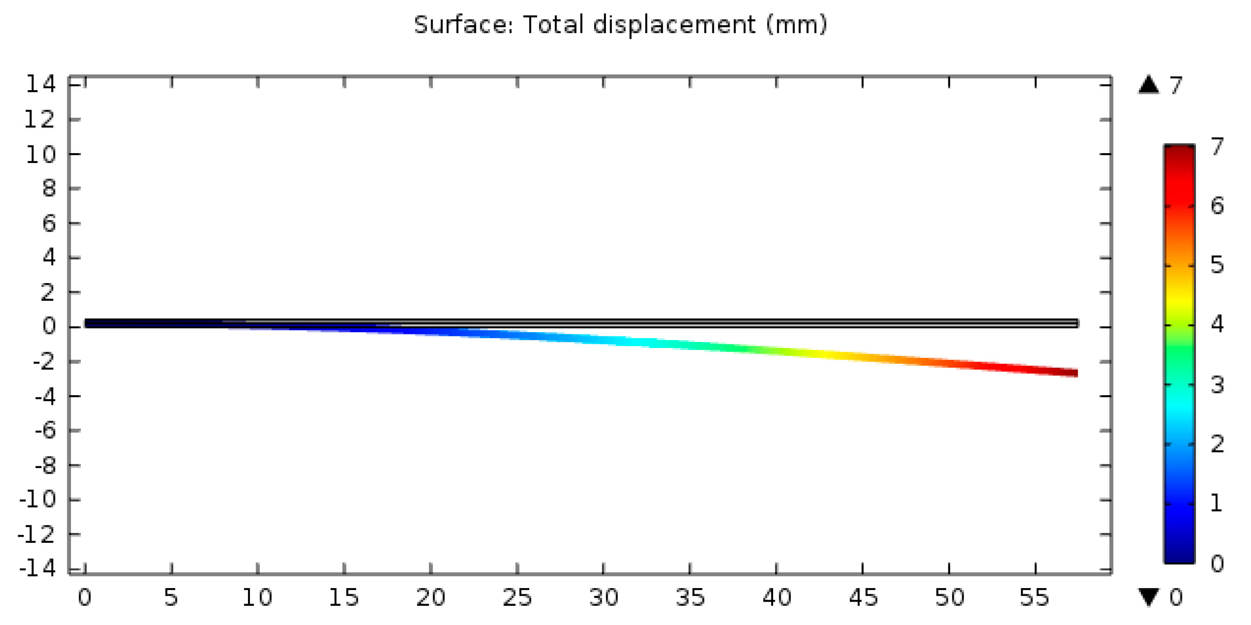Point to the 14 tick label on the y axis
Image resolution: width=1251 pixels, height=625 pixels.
tap(40, 85)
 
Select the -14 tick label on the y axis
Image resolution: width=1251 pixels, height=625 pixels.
tap(37, 568)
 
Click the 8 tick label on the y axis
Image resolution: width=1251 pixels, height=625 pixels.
tap(49, 188)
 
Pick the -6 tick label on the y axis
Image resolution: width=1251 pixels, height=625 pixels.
tap(45, 430)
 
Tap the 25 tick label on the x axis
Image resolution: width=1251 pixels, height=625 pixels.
tap(517, 597)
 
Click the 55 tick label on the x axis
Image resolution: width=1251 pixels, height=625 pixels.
tap(1035, 597)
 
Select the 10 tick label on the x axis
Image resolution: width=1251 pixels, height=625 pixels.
tap(257, 597)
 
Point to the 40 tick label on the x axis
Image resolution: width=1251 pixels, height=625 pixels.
tap(776, 597)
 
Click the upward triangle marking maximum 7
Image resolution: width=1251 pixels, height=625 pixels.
tap(1149, 85)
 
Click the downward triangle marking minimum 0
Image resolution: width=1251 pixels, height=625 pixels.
tap(1149, 597)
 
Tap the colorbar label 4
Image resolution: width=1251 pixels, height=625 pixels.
tap(1217, 324)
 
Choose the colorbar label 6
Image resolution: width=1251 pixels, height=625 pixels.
tap(1217, 206)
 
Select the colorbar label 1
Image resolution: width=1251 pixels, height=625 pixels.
tap(1216, 503)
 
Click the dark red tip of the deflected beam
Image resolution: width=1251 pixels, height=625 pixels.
tap(1066, 372)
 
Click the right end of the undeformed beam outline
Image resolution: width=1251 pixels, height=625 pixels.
tap(1076, 323)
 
